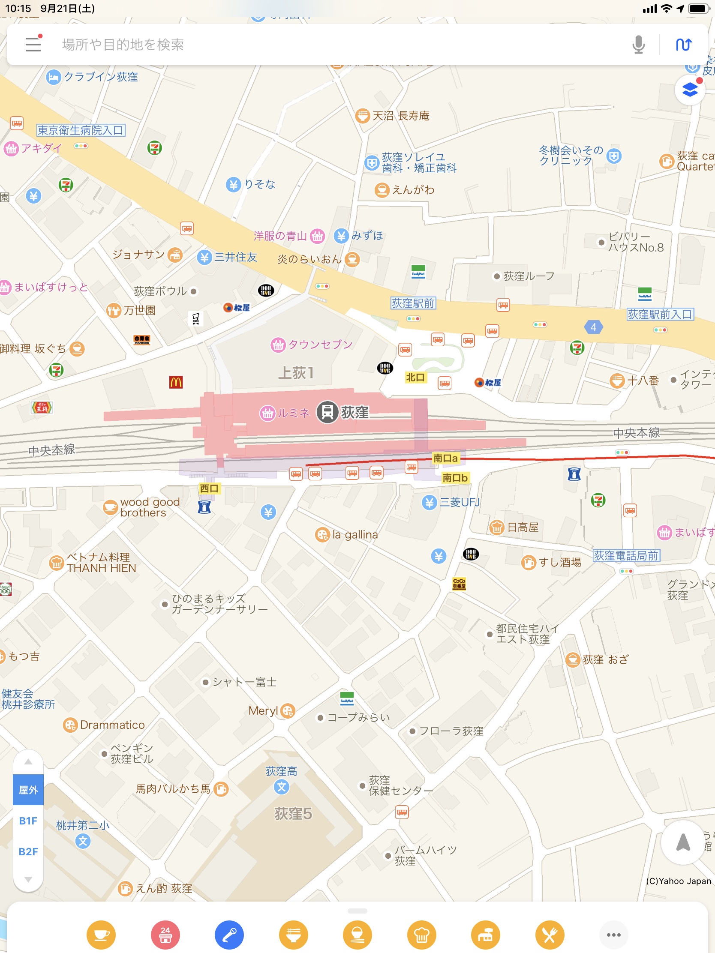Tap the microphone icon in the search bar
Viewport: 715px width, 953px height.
(638, 45)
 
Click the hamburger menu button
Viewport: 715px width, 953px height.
(33, 44)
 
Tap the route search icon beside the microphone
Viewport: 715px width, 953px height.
(684, 45)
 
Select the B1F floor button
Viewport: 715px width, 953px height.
(28, 821)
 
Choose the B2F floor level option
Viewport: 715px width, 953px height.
(28, 852)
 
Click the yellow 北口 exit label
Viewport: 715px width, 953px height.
(415, 378)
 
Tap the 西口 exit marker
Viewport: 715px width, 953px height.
(209, 488)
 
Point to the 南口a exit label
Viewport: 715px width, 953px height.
(445, 458)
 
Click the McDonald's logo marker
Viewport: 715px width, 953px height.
(176, 382)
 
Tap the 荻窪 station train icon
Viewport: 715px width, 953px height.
(327, 412)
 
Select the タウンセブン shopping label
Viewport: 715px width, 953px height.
(320, 344)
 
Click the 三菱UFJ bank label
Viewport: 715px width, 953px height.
(459, 502)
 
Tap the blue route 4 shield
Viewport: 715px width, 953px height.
(593, 327)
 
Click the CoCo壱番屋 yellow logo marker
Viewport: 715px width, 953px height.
(459, 583)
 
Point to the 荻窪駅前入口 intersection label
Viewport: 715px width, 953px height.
(660, 315)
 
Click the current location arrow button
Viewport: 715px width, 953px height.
(683, 843)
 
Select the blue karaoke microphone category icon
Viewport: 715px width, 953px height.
(229, 935)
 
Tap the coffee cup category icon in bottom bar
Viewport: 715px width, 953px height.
(101, 935)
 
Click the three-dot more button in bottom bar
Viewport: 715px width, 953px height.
(613, 935)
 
